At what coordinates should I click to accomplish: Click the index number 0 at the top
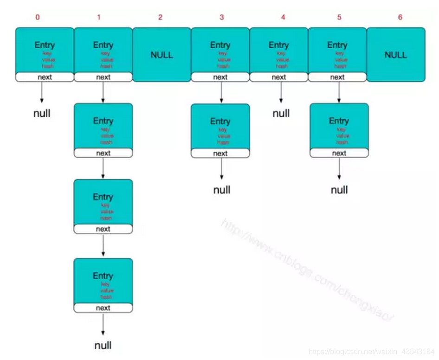(x=38, y=18)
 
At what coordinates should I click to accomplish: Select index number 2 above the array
(x=160, y=18)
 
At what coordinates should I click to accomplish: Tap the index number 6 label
(x=400, y=18)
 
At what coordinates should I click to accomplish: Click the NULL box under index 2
(x=161, y=55)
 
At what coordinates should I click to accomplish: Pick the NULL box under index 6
(x=396, y=55)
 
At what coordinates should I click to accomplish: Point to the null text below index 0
(x=42, y=113)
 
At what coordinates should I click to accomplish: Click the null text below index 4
(x=281, y=113)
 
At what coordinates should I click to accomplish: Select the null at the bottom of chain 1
(x=103, y=346)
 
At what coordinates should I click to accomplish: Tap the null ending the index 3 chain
(x=222, y=190)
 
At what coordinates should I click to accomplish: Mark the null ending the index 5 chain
(x=339, y=190)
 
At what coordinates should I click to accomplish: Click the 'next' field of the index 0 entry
(x=45, y=77)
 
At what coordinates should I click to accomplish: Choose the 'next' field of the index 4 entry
(x=279, y=77)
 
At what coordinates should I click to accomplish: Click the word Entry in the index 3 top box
(x=220, y=45)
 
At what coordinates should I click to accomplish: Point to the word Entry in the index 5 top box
(x=337, y=45)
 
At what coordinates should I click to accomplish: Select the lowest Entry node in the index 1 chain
(x=103, y=280)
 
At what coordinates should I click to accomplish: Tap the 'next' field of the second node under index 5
(x=339, y=153)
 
